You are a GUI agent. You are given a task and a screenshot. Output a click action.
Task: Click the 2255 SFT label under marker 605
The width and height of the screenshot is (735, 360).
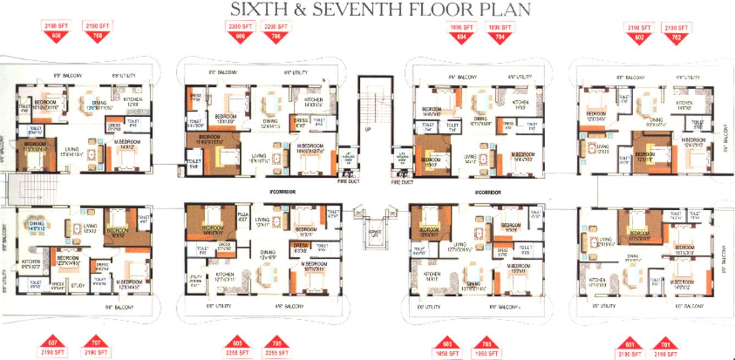[237, 352]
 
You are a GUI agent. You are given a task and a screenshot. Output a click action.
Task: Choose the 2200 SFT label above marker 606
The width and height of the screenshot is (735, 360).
[240, 26]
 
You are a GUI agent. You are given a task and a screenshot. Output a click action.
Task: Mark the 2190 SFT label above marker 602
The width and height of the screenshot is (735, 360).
[639, 27]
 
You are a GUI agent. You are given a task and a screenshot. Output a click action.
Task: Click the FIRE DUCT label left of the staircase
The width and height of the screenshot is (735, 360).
[348, 181]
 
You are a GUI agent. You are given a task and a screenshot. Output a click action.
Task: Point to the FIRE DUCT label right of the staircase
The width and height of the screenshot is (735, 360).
[402, 182]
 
